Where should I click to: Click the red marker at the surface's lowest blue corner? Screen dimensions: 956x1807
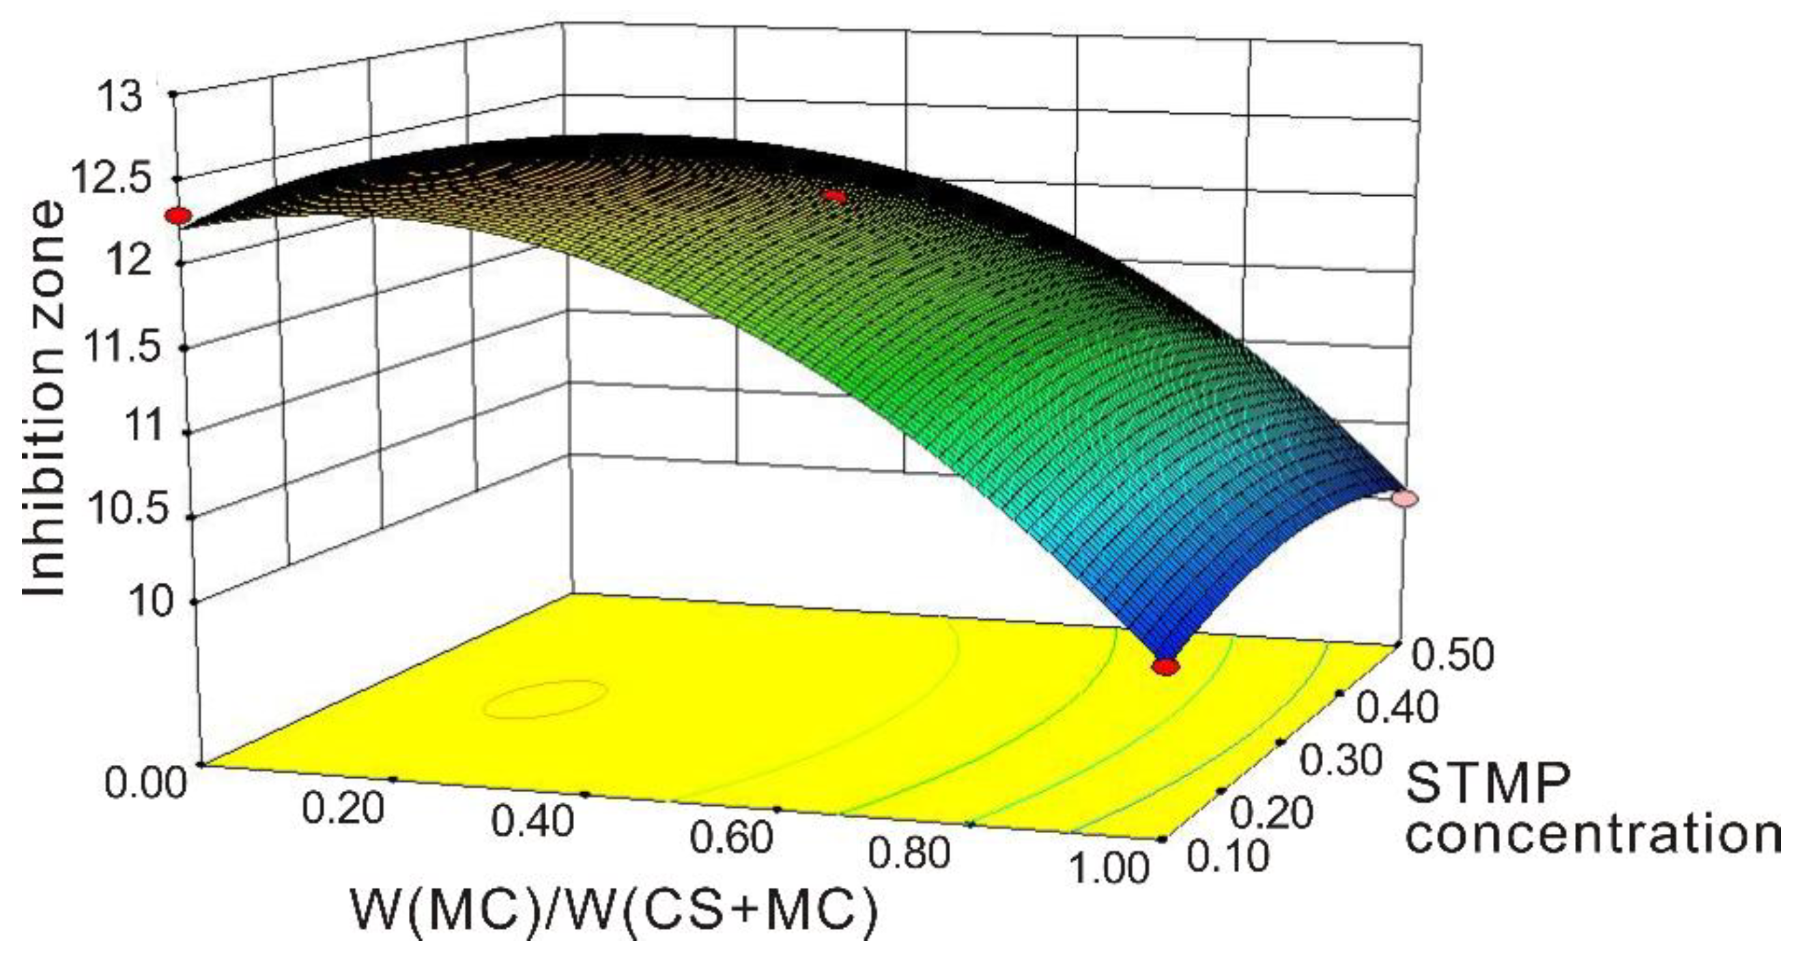point(1166,667)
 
